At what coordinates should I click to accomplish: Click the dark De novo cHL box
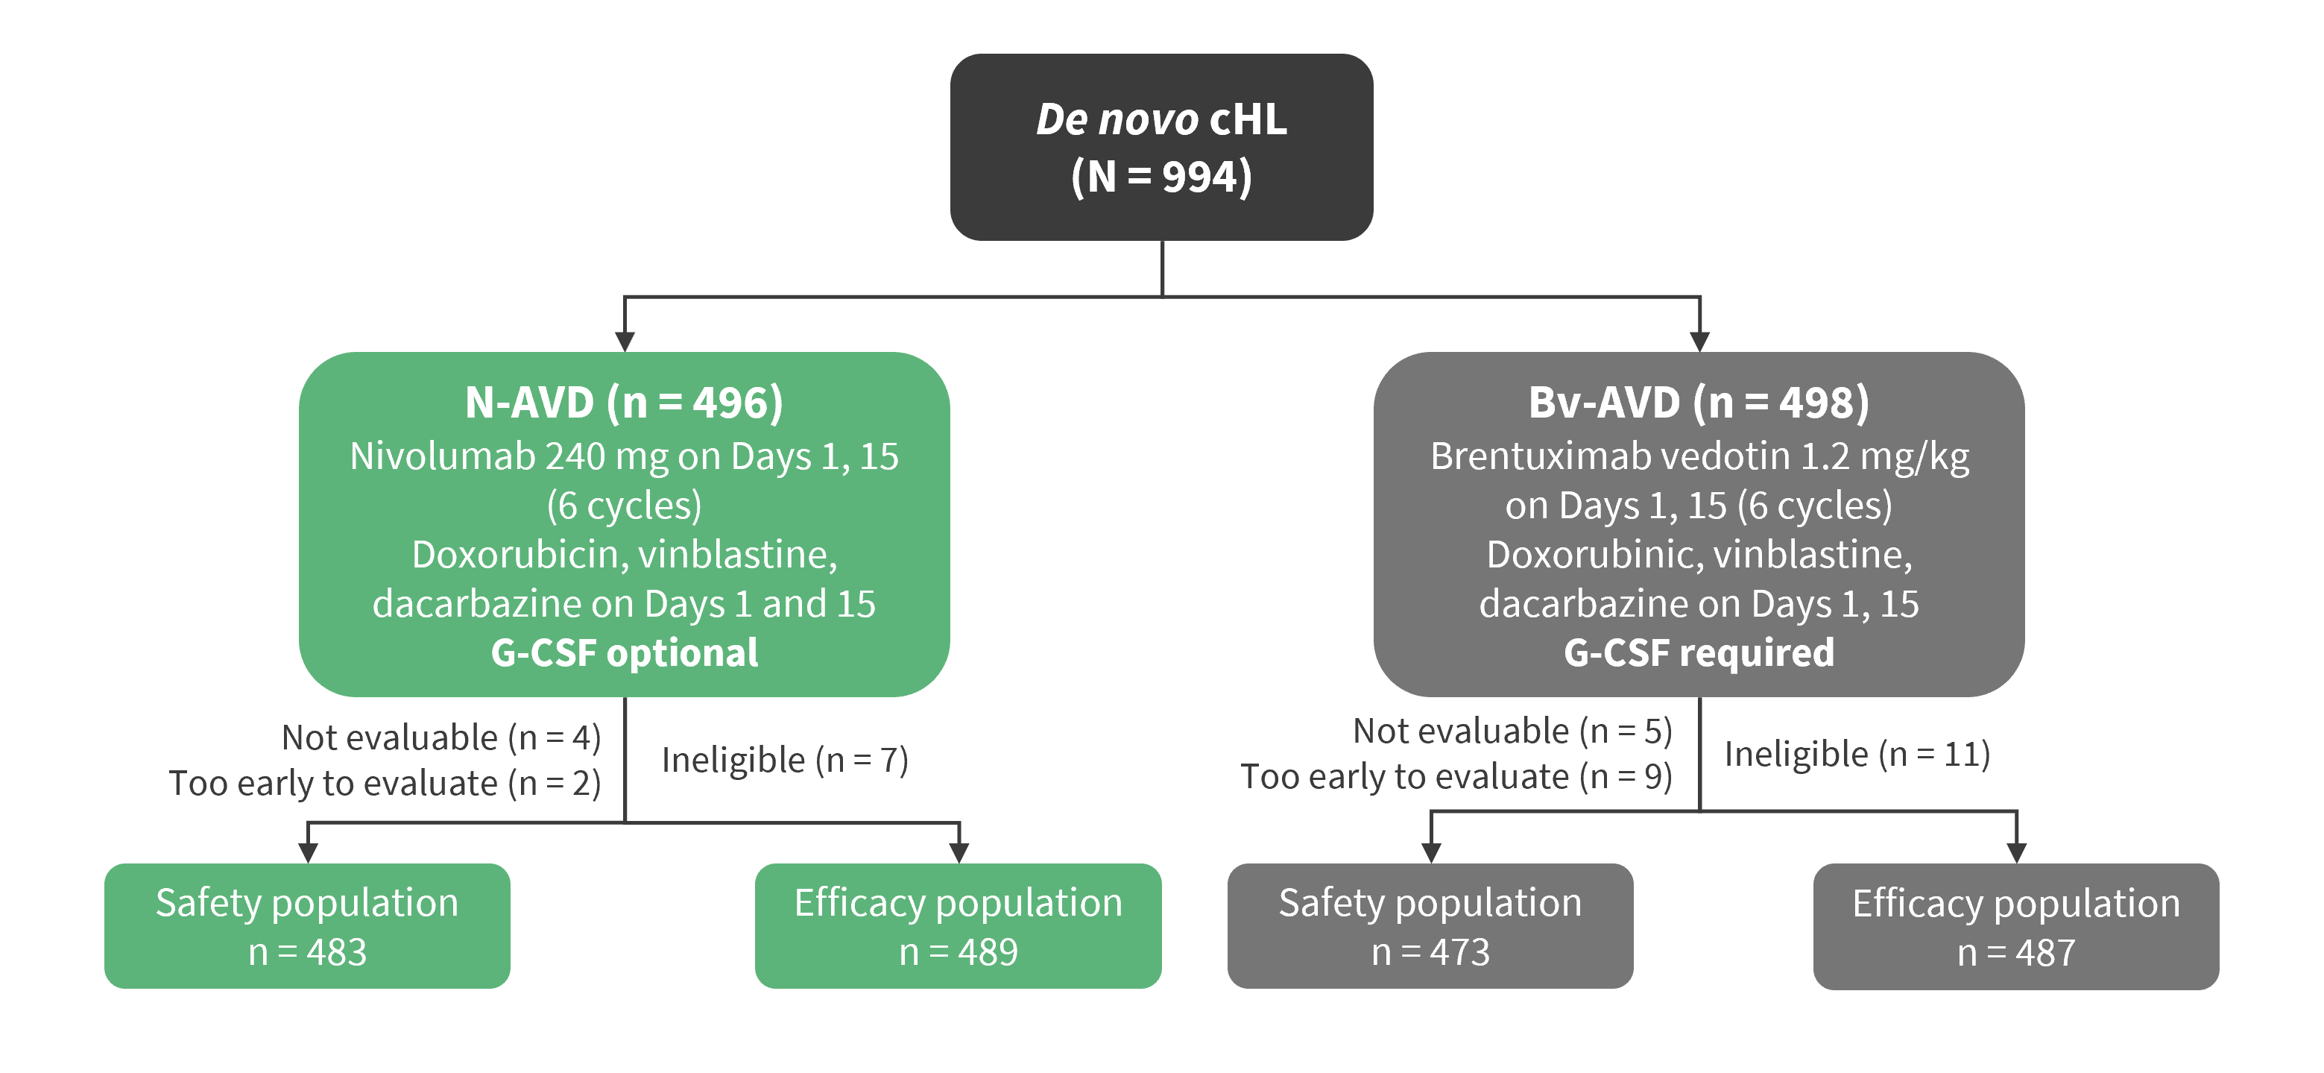(1161, 147)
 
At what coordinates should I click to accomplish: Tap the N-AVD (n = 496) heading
(625, 403)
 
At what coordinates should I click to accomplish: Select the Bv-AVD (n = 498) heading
(1699, 403)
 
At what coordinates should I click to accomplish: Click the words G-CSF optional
(625, 652)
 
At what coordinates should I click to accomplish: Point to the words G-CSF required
(1699, 652)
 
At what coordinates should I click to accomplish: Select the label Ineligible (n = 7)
(785, 761)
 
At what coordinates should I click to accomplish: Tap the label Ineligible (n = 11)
(1857, 755)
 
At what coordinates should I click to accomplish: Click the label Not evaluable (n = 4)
(441, 738)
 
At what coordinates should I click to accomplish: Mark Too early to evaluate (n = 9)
(1457, 777)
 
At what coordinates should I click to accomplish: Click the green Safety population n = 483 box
(308, 926)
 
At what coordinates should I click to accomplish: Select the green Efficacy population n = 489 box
(958, 926)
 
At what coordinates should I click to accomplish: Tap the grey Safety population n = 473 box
(1430, 926)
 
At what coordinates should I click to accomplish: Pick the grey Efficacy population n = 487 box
(2016, 927)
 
